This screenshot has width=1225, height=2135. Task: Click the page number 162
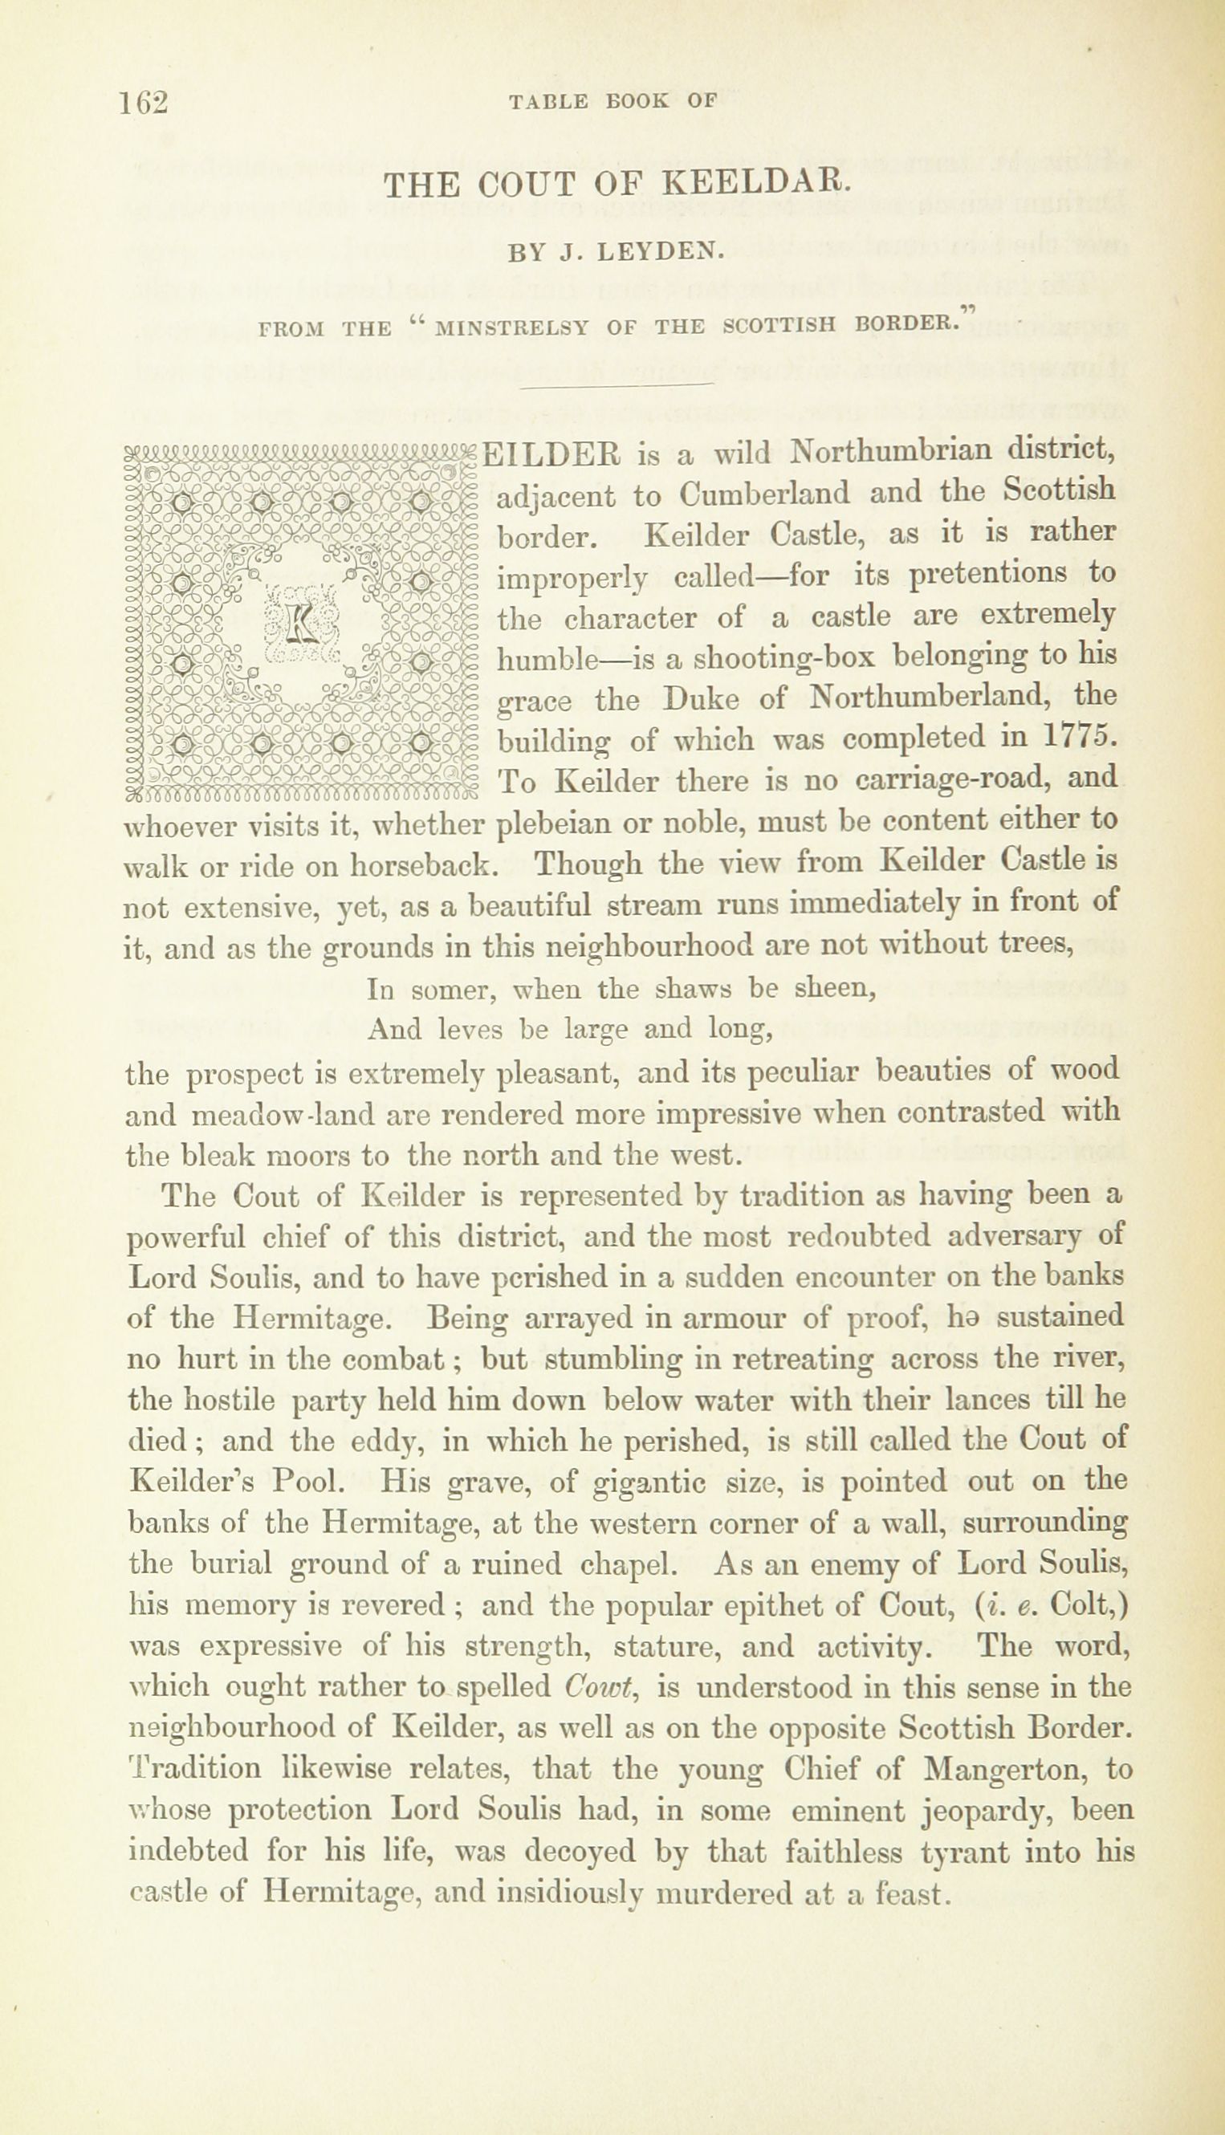tap(144, 102)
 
